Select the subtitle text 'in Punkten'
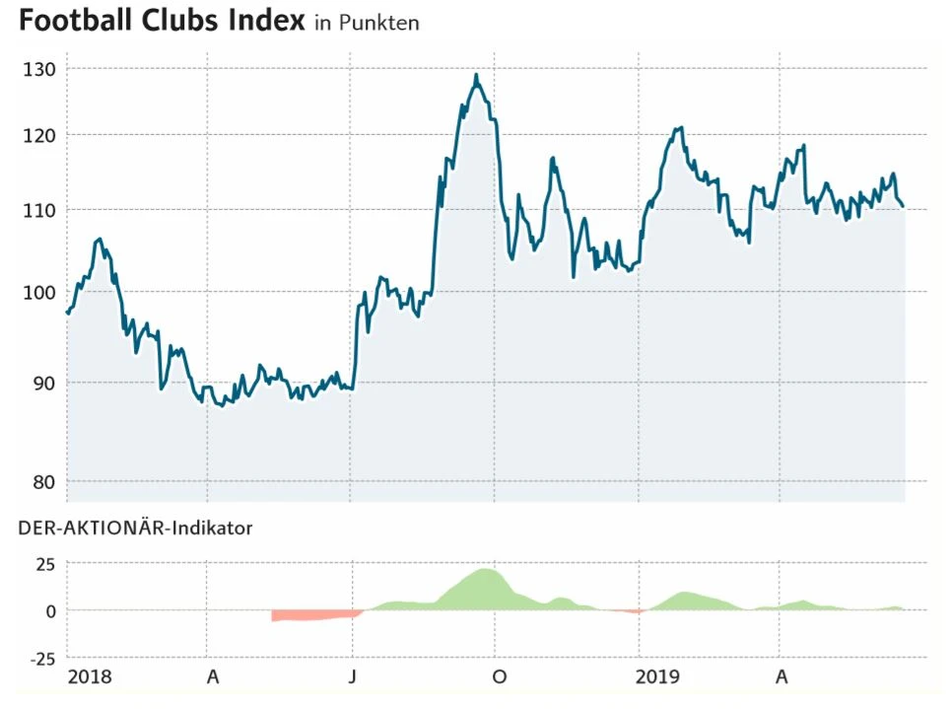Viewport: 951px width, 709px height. pyautogui.click(x=367, y=23)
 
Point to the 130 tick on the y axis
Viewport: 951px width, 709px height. pyautogui.click(x=39, y=69)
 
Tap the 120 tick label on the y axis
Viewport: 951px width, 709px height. pyautogui.click(x=39, y=135)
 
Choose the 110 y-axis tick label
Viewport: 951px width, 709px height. pyautogui.click(x=39, y=210)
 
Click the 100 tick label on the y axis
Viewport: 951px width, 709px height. pyautogui.click(x=39, y=293)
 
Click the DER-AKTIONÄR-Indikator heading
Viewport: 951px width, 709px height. pyautogui.click(x=135, y=529)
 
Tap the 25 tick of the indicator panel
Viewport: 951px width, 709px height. pyautogui.click(x=45, y=565)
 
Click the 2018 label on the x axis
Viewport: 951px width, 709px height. pyautogui.click(x=89, y=677)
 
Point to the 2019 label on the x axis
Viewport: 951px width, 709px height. pyautogui.click(x=657, y=677)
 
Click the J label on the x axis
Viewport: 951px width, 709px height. pyautogui.click(x=352, y=677)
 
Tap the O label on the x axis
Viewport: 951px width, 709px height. pyautogui.click(x=499, y=677)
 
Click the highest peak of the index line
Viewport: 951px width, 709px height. pyautogui.click(x=476, y=75)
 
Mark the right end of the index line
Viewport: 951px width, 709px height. pyautogui.click(x=903, y=206)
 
